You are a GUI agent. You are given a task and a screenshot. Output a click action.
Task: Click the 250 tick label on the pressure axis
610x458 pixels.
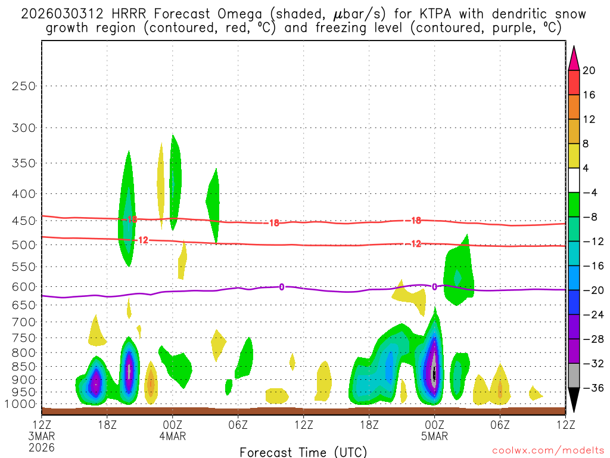[x=24, y=86]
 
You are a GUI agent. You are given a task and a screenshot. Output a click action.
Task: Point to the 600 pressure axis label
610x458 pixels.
[x=24, y=287]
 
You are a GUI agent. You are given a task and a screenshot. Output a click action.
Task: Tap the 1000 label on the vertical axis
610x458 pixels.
[x=21, y=404]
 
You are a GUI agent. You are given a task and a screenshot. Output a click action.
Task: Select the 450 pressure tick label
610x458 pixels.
[x=24, y=221]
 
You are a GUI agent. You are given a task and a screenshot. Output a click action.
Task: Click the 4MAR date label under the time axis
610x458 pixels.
[x=172, y=436]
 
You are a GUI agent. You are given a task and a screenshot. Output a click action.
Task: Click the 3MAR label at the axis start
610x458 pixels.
[x=41, y=436]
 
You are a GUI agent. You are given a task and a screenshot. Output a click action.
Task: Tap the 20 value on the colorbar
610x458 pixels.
[x=589, y=70]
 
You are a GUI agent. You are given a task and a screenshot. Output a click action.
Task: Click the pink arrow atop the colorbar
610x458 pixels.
[x=574, y=58]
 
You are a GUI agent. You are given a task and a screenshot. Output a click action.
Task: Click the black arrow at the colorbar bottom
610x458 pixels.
[x=574, y=400]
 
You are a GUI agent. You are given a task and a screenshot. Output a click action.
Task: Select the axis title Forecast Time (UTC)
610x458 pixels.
[x=303, y=451]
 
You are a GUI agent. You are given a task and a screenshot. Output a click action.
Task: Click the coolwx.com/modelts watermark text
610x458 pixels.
[x=547, y=451]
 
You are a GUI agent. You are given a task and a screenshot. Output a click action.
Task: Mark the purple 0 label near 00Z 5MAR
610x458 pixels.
[x=434, y=287]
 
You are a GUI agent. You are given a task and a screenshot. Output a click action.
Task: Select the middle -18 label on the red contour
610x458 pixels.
[x=273, y=223]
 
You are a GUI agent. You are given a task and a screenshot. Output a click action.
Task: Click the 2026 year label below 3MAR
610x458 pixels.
[x=41, y=447]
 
